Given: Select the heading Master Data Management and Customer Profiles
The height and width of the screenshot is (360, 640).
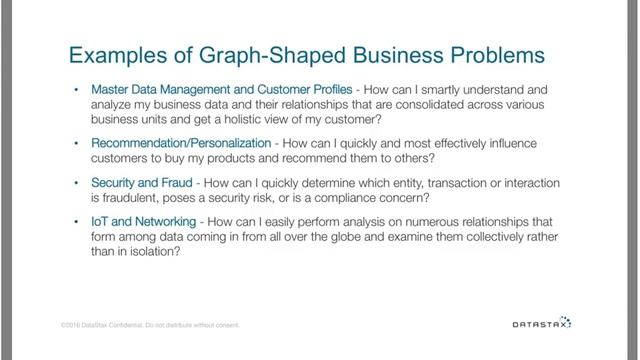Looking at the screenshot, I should click(x=215, y=88).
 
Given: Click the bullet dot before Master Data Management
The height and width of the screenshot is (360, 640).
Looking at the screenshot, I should click(x=77, y=88).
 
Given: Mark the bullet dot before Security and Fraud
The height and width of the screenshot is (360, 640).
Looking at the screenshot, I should click(x=77, y=182).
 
